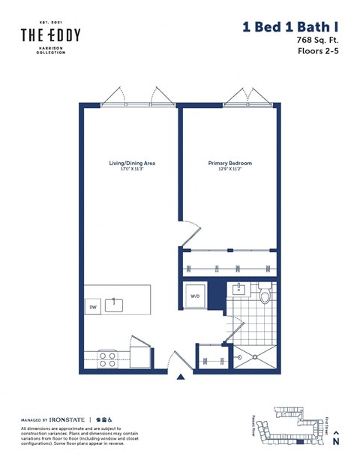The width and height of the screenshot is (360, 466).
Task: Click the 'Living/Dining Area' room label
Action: click(x=132, y=163)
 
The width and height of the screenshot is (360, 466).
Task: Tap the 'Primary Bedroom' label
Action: click(x=229, y=163)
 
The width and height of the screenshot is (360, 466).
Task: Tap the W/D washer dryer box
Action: click(x=195, y=296)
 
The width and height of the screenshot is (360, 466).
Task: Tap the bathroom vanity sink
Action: click(x=238, y=289)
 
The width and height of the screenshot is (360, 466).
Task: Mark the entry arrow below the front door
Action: click(x=179, y=377)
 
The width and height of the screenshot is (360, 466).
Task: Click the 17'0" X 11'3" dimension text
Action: click(x=132, y=170)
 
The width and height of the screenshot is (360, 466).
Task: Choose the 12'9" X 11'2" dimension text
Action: click(x=229, y=170)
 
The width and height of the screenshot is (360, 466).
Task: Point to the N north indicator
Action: click(x=335, y=442)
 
